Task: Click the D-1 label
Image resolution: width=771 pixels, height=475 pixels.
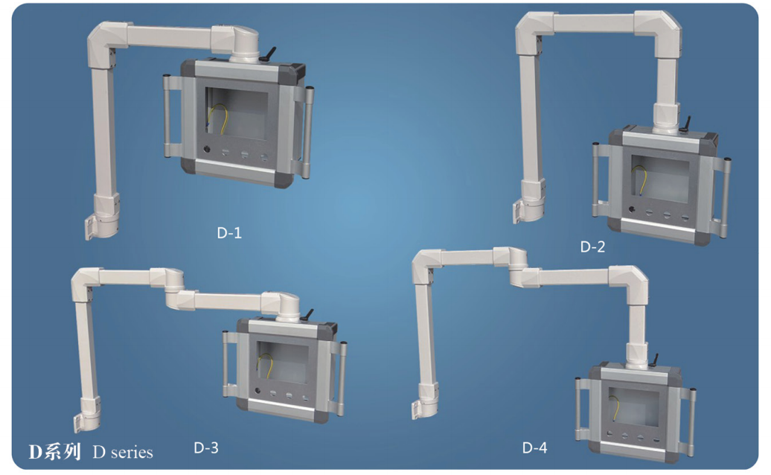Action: point(229,232)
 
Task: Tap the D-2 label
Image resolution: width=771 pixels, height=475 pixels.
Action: point(592,246)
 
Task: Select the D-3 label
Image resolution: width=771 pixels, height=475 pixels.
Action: point(206,447)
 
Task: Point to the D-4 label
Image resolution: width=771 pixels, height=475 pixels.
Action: point(534,447)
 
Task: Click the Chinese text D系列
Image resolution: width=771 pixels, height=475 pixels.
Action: point(54,451)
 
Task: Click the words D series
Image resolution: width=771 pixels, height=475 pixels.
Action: point(123,452)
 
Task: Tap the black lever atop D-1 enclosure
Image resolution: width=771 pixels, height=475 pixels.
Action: point(269,54)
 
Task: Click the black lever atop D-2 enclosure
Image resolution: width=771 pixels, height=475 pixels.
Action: point(685,124)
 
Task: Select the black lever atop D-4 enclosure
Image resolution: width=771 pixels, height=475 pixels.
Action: point(655,360)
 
